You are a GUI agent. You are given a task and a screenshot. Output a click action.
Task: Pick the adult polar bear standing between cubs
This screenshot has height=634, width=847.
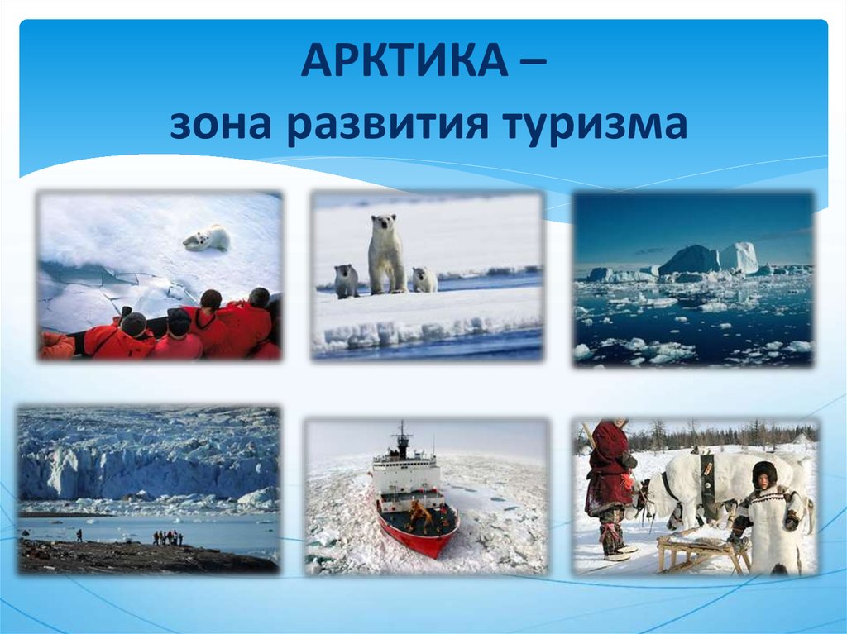pyautogui.click(x=386, y=253)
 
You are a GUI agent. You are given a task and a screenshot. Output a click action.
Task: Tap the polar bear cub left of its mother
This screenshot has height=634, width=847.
pyautogui.click(x=346, y=281)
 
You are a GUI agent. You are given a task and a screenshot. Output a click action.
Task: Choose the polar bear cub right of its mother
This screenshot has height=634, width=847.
pyautogui.click(x=425, y=279)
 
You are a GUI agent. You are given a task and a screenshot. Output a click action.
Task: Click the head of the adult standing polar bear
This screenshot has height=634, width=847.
pyautogui.click(x=384, y=222)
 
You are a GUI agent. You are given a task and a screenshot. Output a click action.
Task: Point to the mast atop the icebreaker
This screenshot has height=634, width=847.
pyautogui.click(x=402, y=439)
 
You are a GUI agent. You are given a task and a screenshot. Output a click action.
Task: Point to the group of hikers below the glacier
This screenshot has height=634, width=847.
pyautogui.click(x=168, y=537)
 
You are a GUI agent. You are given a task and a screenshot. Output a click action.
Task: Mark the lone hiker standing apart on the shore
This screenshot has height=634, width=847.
pyautogui.click(x=80, y=535)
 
